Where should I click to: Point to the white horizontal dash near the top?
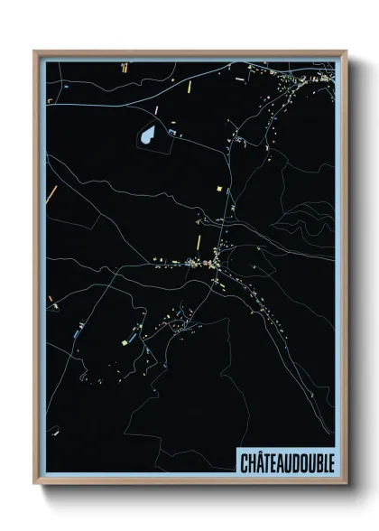point(239,79)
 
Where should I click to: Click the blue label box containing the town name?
point(286,462)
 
